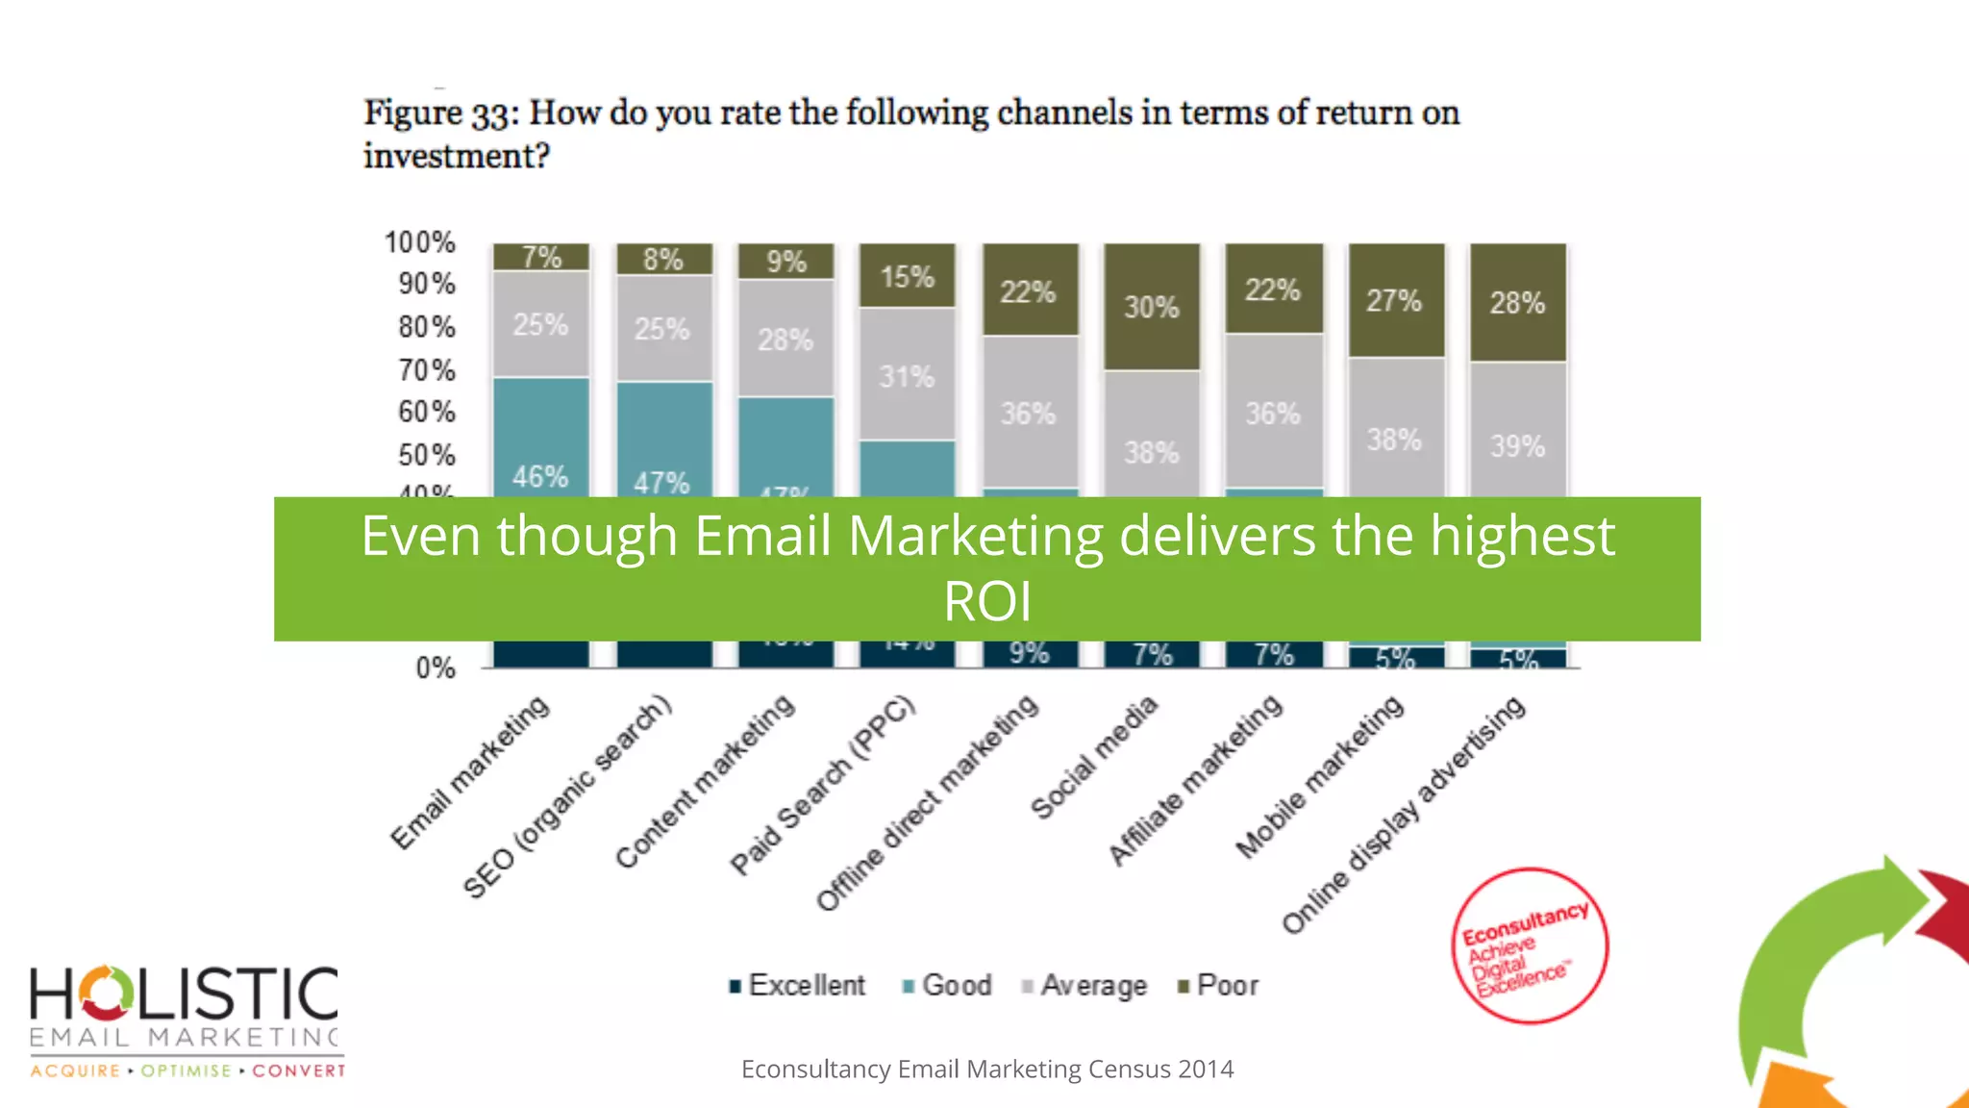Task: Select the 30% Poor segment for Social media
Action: pos(1152,307)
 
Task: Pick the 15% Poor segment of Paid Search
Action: pos(908,276)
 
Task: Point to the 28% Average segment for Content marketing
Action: pos(785,339)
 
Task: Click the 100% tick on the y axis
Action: pos(420,242)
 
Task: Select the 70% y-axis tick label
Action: pos(427,370)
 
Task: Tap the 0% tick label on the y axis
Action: pos(436,668)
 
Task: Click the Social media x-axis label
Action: pos(1094,758)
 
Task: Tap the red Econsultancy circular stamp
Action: pos(1529,946)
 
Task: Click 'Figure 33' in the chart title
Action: pos(441,113)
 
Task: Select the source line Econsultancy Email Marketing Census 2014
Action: pos(987,1070)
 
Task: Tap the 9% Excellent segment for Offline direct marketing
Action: pos(1030,654)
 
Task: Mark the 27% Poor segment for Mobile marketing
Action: pos(1395,300)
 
